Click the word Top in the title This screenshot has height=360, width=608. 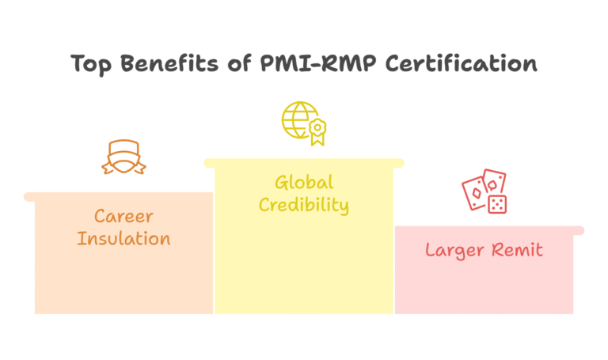click(90, 64)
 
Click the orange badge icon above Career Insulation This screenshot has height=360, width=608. click(123, 157)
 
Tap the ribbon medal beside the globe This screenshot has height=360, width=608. click(318, 131)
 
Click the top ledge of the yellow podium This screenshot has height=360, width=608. click(304, 163)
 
